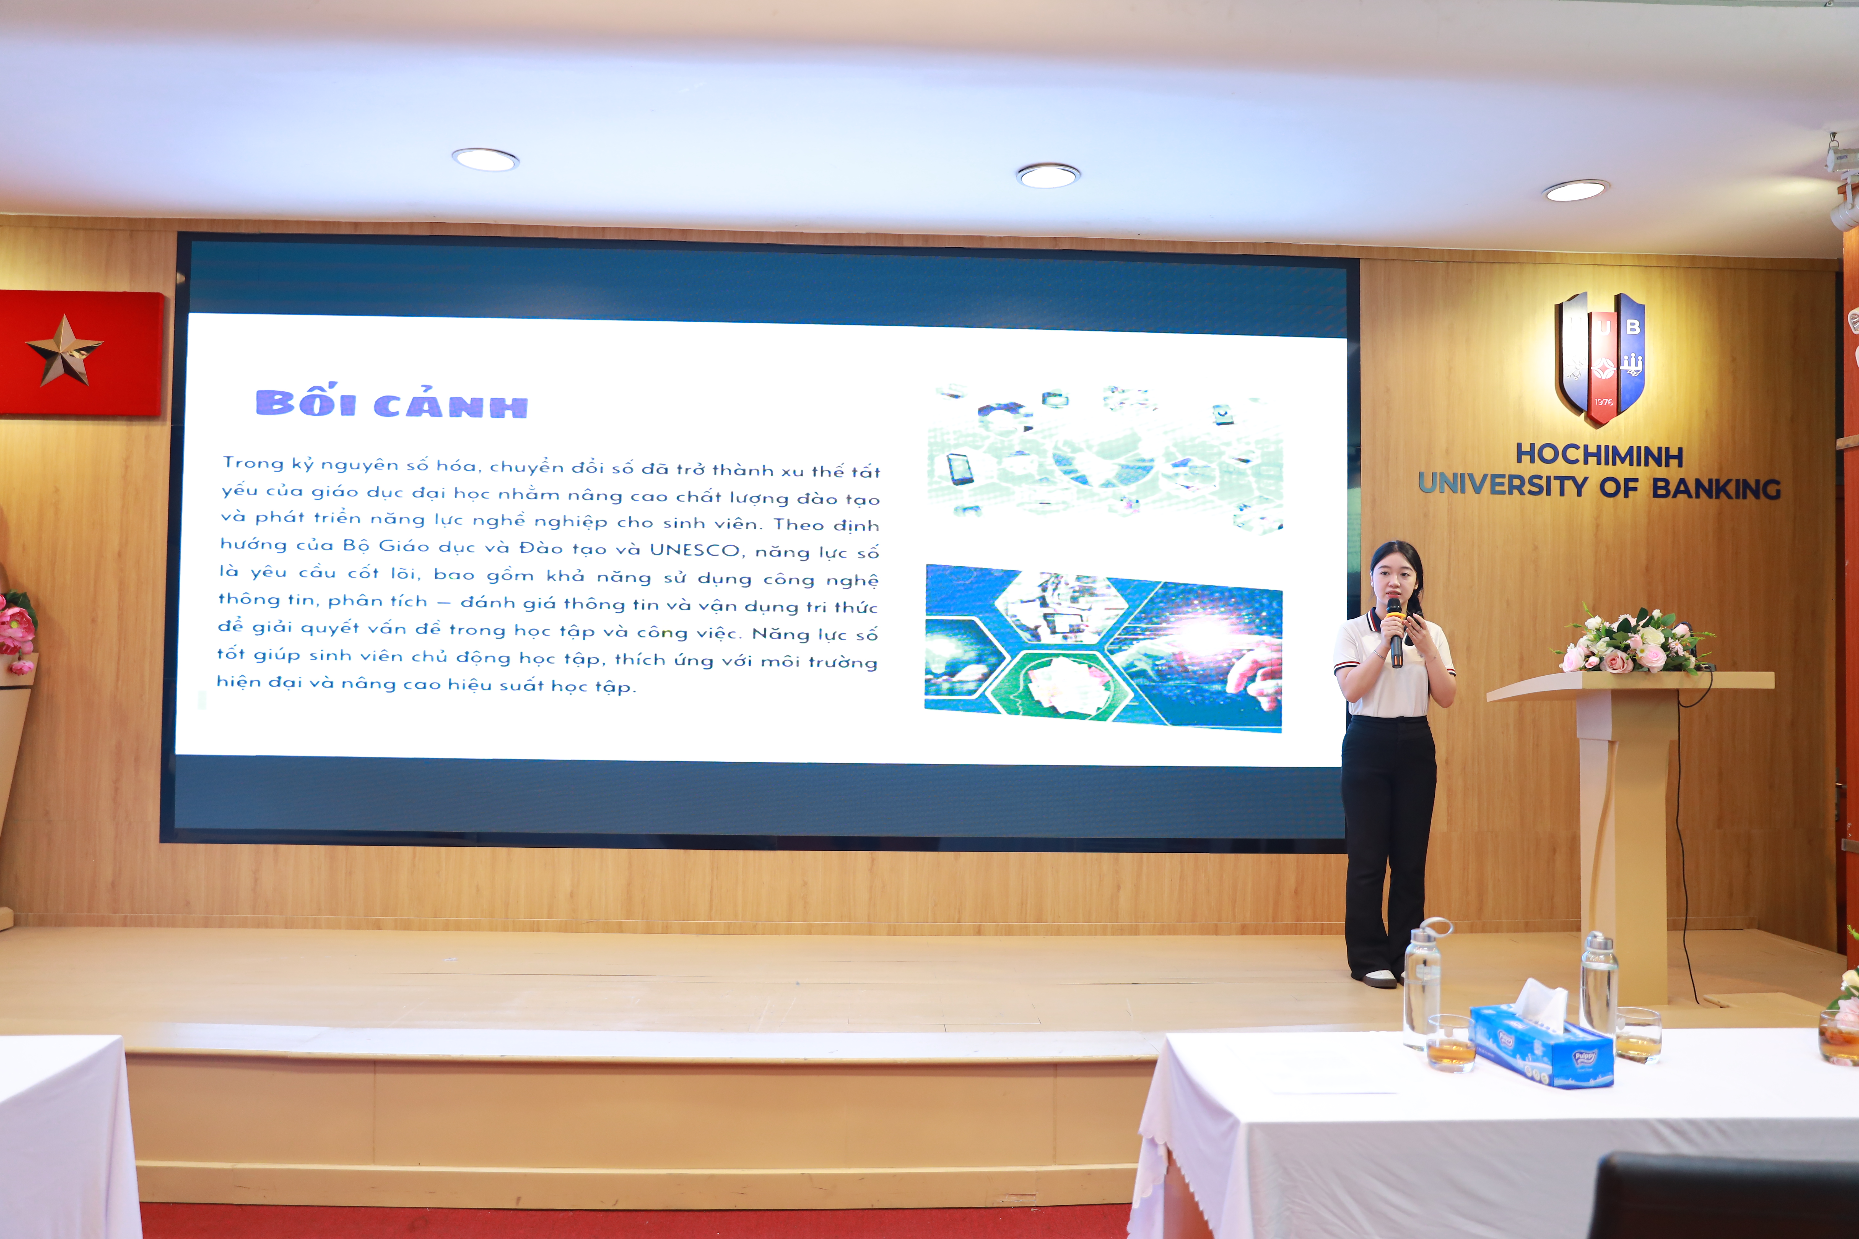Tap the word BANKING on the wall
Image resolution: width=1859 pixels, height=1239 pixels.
pos(1716,488)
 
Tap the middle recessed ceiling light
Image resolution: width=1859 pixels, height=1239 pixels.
pos(1048,175)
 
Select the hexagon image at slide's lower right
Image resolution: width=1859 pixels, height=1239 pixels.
pos(1104,648)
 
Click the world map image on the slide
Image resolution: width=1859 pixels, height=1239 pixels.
pos(1105,458)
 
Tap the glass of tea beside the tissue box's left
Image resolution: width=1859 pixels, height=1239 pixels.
pos(1450,1043)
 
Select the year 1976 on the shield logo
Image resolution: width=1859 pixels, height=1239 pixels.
pos(1603,401)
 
